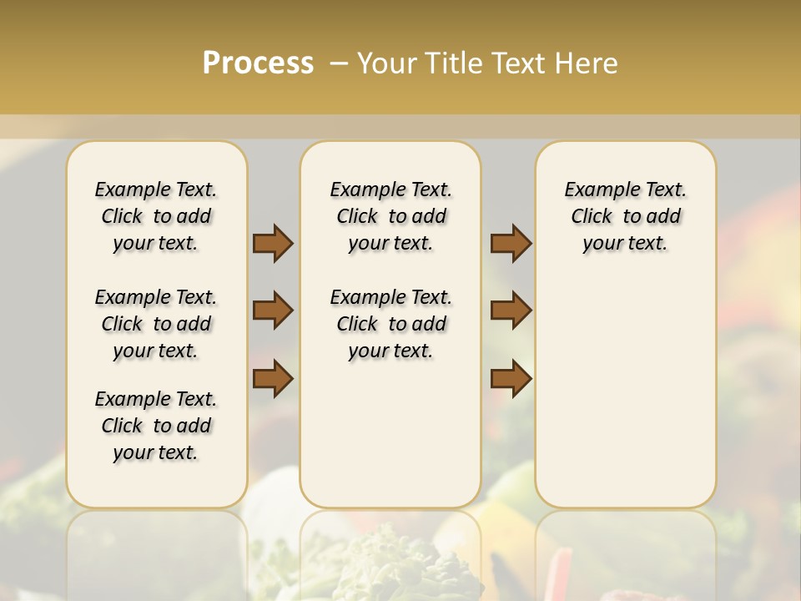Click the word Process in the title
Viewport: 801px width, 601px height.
[258, 63]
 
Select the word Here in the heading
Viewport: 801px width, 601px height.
[589, 63]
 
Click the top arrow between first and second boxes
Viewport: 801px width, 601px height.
[273, 243]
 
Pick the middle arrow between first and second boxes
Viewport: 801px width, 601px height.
[273, 311]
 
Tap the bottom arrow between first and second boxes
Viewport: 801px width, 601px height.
[273, 379]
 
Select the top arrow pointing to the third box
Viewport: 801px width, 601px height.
[511, 243]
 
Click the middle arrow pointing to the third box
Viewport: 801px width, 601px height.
[511, 311]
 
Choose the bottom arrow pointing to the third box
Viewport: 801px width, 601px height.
[511, 379]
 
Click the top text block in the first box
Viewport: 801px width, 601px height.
[156, 216]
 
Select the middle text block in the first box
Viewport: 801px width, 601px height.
[156, 324]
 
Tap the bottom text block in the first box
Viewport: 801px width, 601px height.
[156, 426]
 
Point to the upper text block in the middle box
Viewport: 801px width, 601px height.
[390, 216]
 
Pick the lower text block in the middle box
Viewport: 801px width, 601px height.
[390, 324]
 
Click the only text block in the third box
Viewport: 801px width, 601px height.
[625, 216]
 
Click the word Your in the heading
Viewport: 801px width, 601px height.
[385, 63]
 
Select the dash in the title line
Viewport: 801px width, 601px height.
[339, 63]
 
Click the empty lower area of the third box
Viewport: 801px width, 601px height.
[625, 392]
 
